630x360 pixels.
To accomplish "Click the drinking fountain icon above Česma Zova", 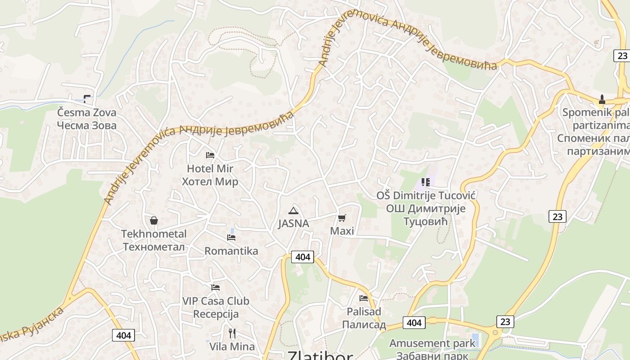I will (x=87, y=99).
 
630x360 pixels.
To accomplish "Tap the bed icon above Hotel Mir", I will (x=210, y=155).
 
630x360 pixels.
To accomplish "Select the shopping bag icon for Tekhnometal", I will (x=154, y=220).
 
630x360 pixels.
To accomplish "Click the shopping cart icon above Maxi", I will (x=342, y=218).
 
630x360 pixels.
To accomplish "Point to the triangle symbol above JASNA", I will (x=293, y=211).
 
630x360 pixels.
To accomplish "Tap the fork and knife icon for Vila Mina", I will (x=232, y=333).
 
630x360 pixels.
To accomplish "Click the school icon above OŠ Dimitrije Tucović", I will (x=426, y=182).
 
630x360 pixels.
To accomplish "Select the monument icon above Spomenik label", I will (x=602, y=99).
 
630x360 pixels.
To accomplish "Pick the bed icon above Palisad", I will (x=364, y=298).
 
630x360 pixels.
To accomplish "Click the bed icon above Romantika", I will (x=231, y=238).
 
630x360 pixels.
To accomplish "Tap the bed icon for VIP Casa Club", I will (x=216, y=287).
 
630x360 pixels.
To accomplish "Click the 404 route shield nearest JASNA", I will (x=302, y=257).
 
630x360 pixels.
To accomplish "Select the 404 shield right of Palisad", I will (x=414, y=323).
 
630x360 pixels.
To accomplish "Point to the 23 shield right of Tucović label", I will (x=557, y=216).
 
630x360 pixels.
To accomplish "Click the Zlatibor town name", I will (x=320, y=355).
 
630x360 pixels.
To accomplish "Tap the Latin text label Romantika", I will (x=231, y=251).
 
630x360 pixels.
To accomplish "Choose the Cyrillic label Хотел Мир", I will (x=210, y=182).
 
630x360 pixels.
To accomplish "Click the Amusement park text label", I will (x=432, y=343).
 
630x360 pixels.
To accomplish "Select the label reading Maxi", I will (x=342, y=231).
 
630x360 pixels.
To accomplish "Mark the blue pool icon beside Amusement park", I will (x=474, y=337).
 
